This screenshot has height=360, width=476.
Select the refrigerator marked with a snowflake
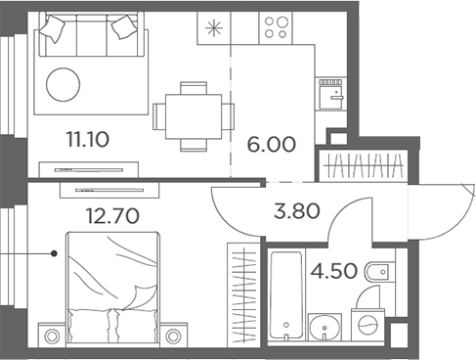pos(212,27)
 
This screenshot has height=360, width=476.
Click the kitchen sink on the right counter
pos(332,96)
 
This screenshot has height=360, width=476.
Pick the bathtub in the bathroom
pos(283,292)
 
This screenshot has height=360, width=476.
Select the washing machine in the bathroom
pos(368,325)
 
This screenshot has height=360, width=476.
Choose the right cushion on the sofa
pos(124,28)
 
